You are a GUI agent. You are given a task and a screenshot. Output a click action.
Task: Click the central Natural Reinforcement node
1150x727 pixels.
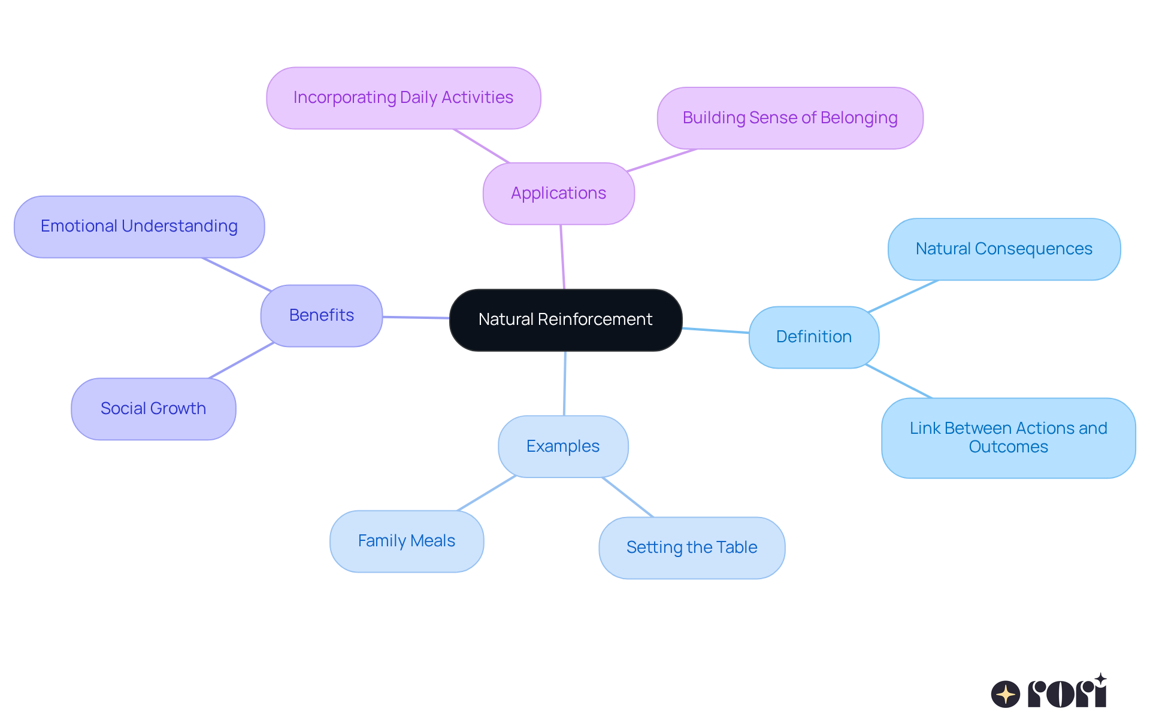click(x=565, y=320)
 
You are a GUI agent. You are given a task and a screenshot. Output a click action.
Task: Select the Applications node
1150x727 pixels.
click(x=558, y=193)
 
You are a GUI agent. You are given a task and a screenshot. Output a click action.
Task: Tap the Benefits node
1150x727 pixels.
click(x=322, y=315)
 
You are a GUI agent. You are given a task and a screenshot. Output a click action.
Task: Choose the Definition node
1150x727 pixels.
click(x=813, y=337)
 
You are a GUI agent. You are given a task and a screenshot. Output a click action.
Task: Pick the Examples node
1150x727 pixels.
click(x=563, y=446)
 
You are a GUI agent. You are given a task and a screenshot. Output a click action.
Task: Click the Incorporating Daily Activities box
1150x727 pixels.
click(x=403, y=98)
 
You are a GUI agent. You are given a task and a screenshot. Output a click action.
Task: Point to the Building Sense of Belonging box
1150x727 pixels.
click(x=789, y=118)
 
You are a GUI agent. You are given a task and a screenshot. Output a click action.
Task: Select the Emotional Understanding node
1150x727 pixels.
click(x=139, y=226)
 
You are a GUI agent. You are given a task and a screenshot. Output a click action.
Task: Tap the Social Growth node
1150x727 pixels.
click(x=153, y=409)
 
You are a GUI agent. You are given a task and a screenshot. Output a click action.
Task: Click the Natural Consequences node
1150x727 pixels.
click(x=1004, y=249)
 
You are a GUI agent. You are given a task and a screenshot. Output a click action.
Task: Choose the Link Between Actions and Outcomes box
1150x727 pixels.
click(x=1008, y=437)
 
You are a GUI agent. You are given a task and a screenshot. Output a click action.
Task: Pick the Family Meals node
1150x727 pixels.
click(x=407, y=541)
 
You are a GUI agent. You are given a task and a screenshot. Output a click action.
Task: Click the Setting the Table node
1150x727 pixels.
click(x=692, y=547)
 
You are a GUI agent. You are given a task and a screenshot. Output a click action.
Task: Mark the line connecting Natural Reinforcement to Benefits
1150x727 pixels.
click(x=416, y=317)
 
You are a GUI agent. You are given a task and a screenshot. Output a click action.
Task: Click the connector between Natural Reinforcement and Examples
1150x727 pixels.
click(x=565, y=383)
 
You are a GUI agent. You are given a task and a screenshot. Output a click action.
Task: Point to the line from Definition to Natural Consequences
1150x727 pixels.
click(x=903, y=296)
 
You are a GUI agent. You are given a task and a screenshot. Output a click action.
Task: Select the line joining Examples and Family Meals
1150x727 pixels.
click(x=486, y=493)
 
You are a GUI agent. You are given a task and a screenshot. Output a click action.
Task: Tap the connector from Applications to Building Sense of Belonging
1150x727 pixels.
click(x=662, y=160)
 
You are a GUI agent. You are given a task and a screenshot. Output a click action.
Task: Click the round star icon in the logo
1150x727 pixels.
click(x=1005, y=694)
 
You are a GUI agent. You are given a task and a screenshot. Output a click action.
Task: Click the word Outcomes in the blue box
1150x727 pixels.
click(x=1008, y=447)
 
